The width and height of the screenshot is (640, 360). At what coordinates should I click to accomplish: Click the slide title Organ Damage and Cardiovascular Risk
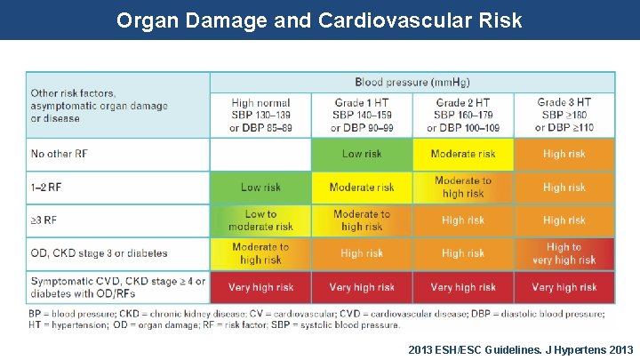(x=319, y=20)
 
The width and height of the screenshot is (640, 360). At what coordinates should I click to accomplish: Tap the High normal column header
(x=260, y=116)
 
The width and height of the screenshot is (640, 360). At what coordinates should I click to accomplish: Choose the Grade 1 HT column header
(x=362, y=116)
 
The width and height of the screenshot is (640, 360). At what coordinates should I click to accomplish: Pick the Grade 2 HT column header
(x=463, y=116)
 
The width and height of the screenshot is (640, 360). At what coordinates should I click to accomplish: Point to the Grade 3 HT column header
(x=564, y=116)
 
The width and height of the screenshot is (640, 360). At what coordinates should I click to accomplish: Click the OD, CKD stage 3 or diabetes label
(x=99, y=253)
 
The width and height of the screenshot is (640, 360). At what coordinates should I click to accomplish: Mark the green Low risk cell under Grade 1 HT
(x=362, y=154)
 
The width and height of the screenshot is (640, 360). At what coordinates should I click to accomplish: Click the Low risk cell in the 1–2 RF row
(x=260, y=188)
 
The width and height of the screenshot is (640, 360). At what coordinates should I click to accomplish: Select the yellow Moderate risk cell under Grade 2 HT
(x=463, y=154)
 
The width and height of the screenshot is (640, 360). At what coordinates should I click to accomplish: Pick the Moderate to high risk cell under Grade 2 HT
(x=463, y=188)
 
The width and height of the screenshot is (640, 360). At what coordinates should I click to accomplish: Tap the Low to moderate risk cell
(x=260, y=220)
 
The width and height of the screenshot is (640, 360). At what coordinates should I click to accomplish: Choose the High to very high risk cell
(x=564, y=253)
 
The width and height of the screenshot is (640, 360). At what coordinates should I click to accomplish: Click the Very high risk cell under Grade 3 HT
(x=564, y=287)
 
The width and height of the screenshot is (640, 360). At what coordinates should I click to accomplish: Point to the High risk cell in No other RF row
(x=564, y=154)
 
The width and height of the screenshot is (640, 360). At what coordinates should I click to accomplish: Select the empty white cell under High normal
(x=260, y=154)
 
